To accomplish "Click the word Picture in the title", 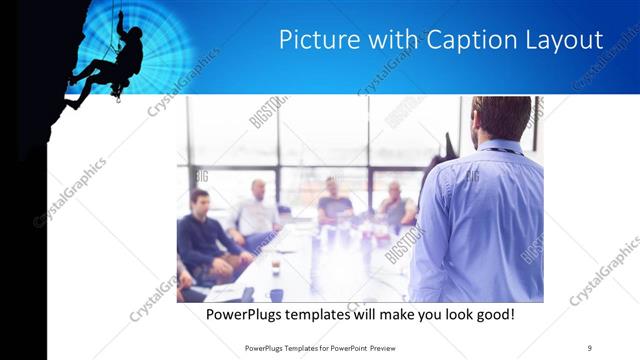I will point(313,41).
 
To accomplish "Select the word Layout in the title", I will point(566,41).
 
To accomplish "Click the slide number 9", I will point(589,347).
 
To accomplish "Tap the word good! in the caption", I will point(491,315).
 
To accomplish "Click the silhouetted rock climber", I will point(110,65).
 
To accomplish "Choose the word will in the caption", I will point(392,315).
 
